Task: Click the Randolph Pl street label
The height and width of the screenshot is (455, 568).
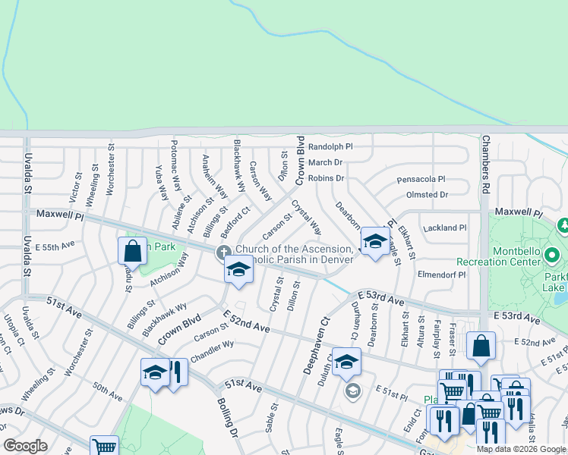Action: click(x=330, y=146)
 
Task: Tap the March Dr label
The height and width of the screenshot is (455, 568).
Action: click(x=325, y=162)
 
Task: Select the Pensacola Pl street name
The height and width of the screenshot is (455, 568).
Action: click(x=421, y=180)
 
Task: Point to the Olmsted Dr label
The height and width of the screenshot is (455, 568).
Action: click(x=427, y=195)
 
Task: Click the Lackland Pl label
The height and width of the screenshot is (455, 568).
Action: click(x=445, y=227)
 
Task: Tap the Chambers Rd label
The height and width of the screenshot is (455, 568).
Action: click(x=483, y=162)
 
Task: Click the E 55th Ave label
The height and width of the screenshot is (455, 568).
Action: click(x=58, y=245)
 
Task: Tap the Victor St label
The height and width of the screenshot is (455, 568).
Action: click(x=74, y=186)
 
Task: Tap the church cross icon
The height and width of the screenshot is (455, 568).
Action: click(x=223, y=252)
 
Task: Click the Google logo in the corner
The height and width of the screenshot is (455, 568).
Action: click(x=25, y=446)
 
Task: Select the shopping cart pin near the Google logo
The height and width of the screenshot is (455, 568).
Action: click(x=103, y=446)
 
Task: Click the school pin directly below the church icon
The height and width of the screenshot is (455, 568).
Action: click(x=238, y=270)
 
